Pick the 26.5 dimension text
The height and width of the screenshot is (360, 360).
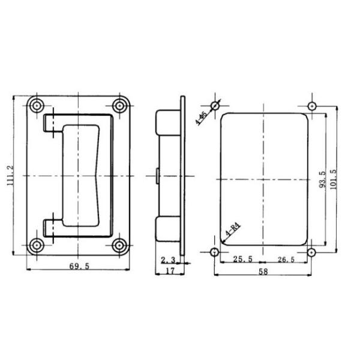click(287, 260)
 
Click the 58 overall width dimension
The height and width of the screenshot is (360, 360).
click(263, 272)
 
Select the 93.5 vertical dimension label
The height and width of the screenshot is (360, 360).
click(322, 178)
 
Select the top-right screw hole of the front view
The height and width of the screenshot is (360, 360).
click(119, 106)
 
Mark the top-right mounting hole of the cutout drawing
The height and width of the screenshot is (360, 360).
click(311, 107)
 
